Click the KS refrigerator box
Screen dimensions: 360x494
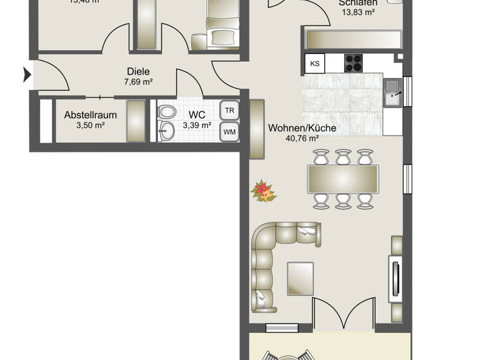[315, 63]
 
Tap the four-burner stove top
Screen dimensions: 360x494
[354, 62]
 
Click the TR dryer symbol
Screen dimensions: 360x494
[229, 110]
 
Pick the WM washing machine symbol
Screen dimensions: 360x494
[229, 132]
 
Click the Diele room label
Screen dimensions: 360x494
[138, 72]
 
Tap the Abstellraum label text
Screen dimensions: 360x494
[90, 115]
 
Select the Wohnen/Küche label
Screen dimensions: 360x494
[302, 128]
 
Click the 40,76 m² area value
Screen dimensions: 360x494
[302, 138]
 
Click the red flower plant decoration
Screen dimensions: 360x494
[262, 191]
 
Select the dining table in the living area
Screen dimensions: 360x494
[343, 179]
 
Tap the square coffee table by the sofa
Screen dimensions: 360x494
[300, 278]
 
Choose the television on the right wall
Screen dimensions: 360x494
[396, 276]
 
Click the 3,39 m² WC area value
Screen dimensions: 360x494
[197, 125]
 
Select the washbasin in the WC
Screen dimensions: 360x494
[165, 131]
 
